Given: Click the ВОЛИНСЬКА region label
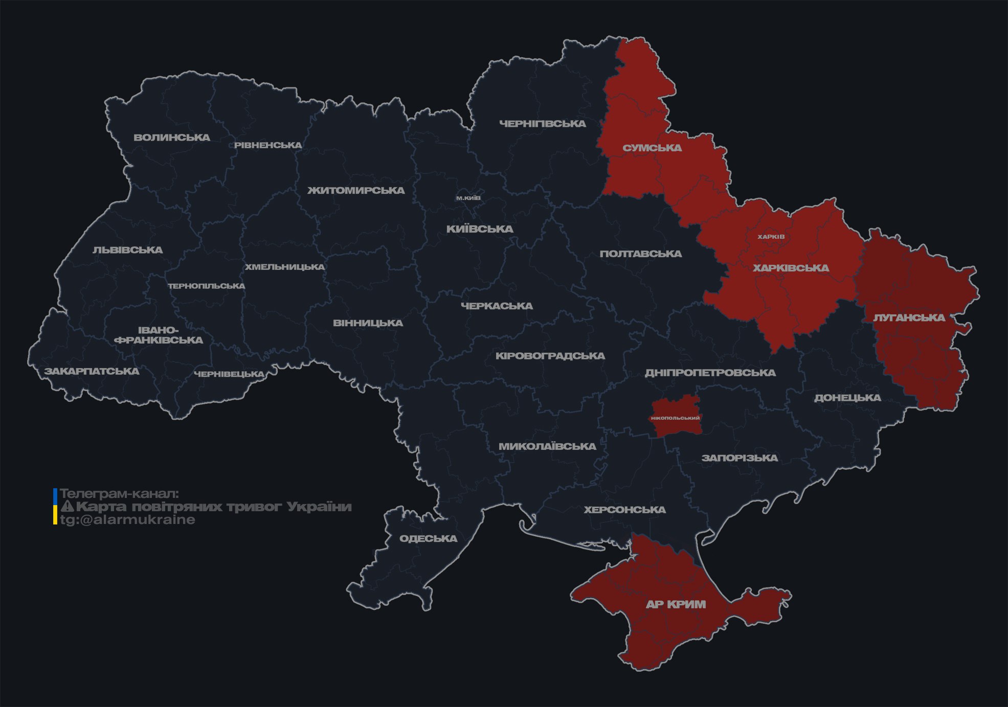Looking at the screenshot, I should [172, 138].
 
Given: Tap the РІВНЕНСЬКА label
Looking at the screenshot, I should [268, 145].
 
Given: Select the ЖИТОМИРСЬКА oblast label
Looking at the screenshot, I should [356, 191].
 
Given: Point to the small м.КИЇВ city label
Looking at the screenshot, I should [468, 198].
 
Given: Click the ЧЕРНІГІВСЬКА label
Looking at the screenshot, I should [543, 124].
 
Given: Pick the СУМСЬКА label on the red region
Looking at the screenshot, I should [652, 148].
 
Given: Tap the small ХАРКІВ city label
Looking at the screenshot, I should [771, 237].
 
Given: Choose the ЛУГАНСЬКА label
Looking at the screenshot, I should [909, 318].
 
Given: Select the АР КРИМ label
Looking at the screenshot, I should [676, 604].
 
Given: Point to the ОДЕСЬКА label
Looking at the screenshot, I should [429, 539].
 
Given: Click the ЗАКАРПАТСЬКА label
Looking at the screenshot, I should [92, 371].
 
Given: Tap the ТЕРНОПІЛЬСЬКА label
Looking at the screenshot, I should [207, 286].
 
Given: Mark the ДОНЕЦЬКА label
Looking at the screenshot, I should [847, 398].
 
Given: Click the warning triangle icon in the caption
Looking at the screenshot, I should [67, 507].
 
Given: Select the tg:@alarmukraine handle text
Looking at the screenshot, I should [127, 520].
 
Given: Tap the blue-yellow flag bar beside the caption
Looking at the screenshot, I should [55, 507].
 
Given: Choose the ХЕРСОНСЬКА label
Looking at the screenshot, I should [625, 510].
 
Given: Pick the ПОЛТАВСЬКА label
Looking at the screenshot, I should [641, 254].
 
